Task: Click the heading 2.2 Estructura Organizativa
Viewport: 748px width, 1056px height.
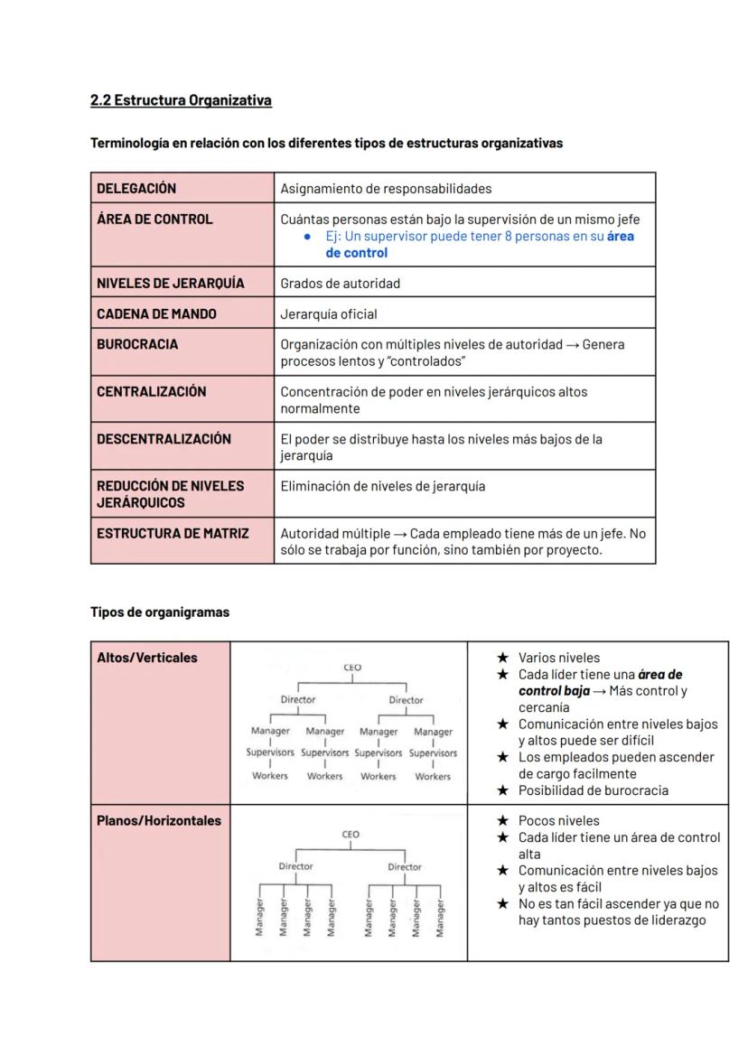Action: click(181, 100)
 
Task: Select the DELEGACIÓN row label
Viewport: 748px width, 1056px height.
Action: click(136, 189)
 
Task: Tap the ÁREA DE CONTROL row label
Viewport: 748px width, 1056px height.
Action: click(154, 220)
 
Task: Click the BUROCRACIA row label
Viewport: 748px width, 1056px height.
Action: click(137, 344)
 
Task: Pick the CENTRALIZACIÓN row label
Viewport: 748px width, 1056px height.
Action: click(152, 391)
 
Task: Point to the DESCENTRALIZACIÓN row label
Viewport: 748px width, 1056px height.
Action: click(164, 439)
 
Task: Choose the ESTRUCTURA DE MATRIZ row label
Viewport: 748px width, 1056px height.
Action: click(173, 533)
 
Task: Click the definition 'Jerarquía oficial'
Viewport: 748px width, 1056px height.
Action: click(329, 314)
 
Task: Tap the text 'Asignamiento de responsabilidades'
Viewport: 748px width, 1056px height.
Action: click(386, 189)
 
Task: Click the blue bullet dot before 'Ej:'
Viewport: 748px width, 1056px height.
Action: click(308, 237)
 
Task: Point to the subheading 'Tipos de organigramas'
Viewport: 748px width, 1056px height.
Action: click(160, 612)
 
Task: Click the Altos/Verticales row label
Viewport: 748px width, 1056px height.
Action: click(147, 658)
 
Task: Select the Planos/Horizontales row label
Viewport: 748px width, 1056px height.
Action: click(159, 821)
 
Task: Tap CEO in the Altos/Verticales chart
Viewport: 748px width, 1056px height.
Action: click(352, 668)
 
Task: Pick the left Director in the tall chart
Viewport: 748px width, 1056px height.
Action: click(298, 699)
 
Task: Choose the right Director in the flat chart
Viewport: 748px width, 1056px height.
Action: click(405, 866)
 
